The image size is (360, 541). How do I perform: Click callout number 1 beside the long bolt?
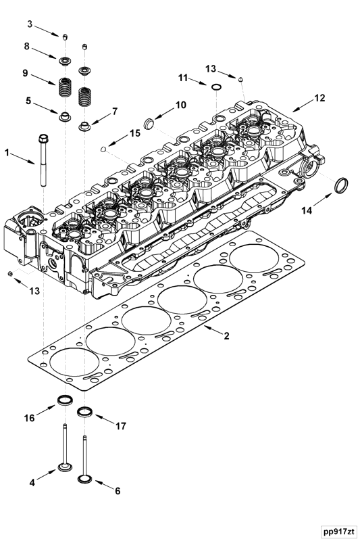pyautogui.click(x=9, y=153)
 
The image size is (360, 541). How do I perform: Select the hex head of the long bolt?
pyautogui.click(x=42, y=139)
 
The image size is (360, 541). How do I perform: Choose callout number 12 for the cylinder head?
pyautogui.click(x=319, y=98)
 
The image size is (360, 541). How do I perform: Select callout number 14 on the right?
pyautogui.click(x=307, y=211)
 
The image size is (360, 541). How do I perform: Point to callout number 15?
pyautogui.click(x=135, y=134)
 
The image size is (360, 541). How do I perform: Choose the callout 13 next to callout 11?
pyautogui.click(x=211, y=68)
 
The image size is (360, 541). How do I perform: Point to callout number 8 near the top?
pyautogui.click(x=27, y=47)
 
